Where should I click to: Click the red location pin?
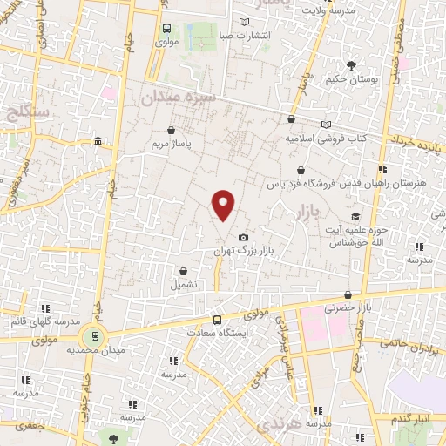[224, 204]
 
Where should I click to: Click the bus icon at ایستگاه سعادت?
[218, 319]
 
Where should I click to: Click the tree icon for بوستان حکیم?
[352, 65]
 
